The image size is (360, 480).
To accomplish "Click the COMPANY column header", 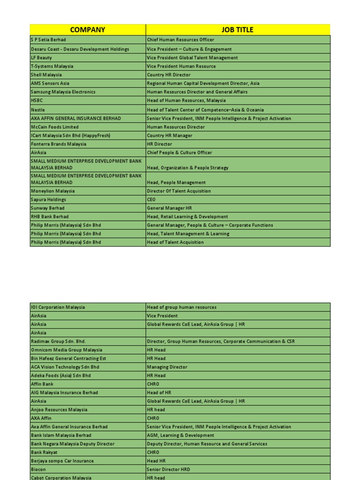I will click(88, 30).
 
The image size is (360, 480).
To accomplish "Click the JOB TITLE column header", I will click(238, 30).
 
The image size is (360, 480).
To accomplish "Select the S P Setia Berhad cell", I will click(88, 40).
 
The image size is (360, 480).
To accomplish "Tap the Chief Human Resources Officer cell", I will click(238, 40).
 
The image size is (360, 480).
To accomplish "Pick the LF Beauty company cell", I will click(88, 58).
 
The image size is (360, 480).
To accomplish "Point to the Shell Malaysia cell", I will click(88, 75).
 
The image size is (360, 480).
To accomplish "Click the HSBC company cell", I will click(88, 100).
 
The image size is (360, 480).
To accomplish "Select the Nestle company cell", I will click(88, 110).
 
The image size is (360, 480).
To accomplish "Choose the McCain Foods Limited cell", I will click(88, 127).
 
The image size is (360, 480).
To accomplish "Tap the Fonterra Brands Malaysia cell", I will click(88, 144).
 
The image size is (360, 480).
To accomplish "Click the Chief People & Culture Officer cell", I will click(238, 153).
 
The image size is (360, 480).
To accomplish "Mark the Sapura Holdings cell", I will click(88, 200).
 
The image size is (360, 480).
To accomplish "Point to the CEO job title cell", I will click(238, 200).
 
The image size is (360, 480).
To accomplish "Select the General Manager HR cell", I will click(238, 208).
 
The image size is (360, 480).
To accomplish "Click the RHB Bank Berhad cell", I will click(88, 217).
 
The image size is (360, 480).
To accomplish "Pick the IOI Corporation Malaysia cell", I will click(88, 307).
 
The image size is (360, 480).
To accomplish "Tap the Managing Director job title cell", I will click(238, 367).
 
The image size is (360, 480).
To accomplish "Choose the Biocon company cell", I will click(88, 469).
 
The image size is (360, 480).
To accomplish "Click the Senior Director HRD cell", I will click(238, 469).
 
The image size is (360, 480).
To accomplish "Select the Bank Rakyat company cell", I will click(88, 452).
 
